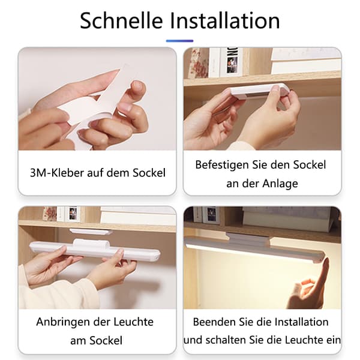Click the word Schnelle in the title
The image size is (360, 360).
pos(121,20)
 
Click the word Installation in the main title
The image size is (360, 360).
pos(225,20)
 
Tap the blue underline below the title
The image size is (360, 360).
pos(180,41)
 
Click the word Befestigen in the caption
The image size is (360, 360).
pos(222,165)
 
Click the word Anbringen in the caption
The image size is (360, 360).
pos(64,322)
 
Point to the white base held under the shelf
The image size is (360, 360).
pos(259,90)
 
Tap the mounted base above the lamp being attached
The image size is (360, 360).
pos(91,232)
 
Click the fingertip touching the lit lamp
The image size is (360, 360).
pos(326,261)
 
